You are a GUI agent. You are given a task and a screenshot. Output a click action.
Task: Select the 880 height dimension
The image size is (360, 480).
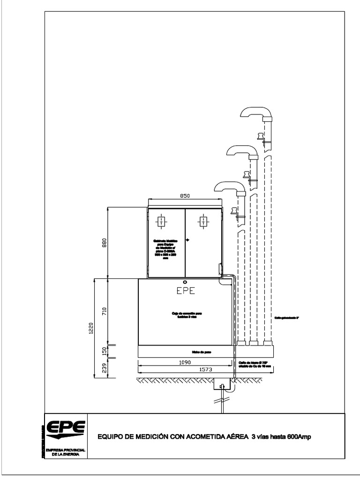(x=105, y=242)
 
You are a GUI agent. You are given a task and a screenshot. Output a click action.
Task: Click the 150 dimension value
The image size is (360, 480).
(x=105, y=351)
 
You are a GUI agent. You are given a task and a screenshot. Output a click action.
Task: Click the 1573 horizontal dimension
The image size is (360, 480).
(x=206, y=369)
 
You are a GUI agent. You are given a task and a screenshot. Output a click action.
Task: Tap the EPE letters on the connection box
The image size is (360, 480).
(x=185, y=291)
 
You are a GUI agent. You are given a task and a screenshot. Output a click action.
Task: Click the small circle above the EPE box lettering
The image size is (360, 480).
(x=185, y=282)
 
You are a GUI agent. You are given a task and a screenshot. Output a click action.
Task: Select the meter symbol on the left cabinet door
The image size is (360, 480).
(x=161, y=221)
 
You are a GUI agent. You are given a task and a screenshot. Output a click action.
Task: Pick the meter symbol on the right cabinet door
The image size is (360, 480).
(x=202, y=221)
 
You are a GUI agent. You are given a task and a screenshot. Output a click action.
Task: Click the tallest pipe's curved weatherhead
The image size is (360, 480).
(x=255, y=112)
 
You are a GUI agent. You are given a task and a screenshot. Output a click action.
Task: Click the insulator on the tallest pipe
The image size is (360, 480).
(x=259, y=137)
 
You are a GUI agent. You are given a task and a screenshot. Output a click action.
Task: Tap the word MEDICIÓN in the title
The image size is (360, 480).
(x=150, y=437)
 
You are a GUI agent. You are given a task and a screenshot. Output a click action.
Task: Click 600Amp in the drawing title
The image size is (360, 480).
(x=297, y=437)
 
